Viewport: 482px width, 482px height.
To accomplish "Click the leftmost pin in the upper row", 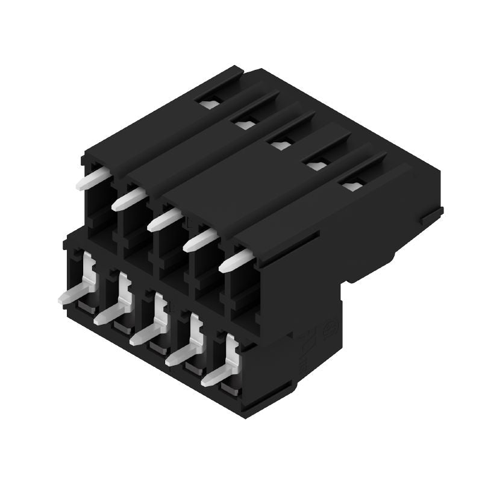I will click(x=92, y=180).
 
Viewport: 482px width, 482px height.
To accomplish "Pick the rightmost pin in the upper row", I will click(x=236, y=262).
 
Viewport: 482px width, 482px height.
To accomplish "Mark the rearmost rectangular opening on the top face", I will click(x=210, y=104).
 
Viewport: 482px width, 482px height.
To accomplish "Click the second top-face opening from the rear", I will click(x=245, y=124).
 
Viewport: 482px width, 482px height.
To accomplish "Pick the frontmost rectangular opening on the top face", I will click(x=350, y=184).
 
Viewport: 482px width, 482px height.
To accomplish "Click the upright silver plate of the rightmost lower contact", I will click(x=231, y=352).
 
